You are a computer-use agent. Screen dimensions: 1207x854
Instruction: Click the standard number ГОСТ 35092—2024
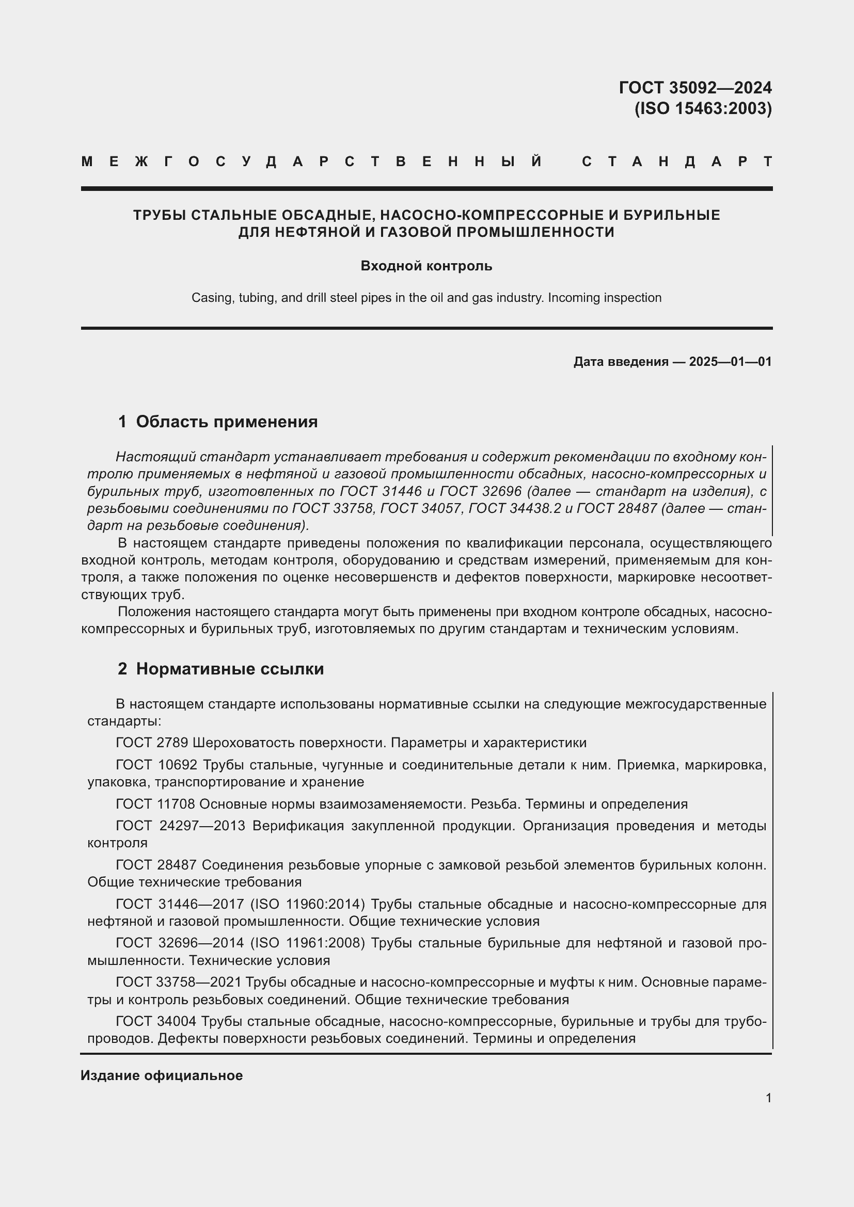tap(694, 87)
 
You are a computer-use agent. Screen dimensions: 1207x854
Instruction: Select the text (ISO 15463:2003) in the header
tap(703, 108)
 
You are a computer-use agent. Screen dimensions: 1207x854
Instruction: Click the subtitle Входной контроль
tap(426, 266)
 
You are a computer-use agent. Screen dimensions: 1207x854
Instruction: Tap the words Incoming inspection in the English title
tap(604, 298)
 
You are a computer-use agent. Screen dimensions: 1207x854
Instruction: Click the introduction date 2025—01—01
tap(730, 362)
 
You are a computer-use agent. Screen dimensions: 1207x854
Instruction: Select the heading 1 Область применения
tap(218, 422)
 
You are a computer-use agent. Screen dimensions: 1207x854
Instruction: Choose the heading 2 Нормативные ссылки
tap(221, 669)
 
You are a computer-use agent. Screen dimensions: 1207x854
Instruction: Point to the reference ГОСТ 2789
tap(152, 743)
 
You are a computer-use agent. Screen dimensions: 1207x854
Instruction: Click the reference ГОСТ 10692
tap(156, 765)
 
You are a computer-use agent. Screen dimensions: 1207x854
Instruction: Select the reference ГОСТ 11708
tap(155, 804)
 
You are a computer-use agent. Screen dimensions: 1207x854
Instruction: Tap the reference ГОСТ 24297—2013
tap(180, 826)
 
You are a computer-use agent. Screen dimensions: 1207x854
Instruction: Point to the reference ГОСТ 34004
tap(155, 1021)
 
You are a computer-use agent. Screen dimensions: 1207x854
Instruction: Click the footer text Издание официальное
tap(162, 1075)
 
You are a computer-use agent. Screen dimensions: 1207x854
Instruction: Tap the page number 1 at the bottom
tap(768, 1098)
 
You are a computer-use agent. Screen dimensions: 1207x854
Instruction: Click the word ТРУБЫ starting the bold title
tap(160, 215)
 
